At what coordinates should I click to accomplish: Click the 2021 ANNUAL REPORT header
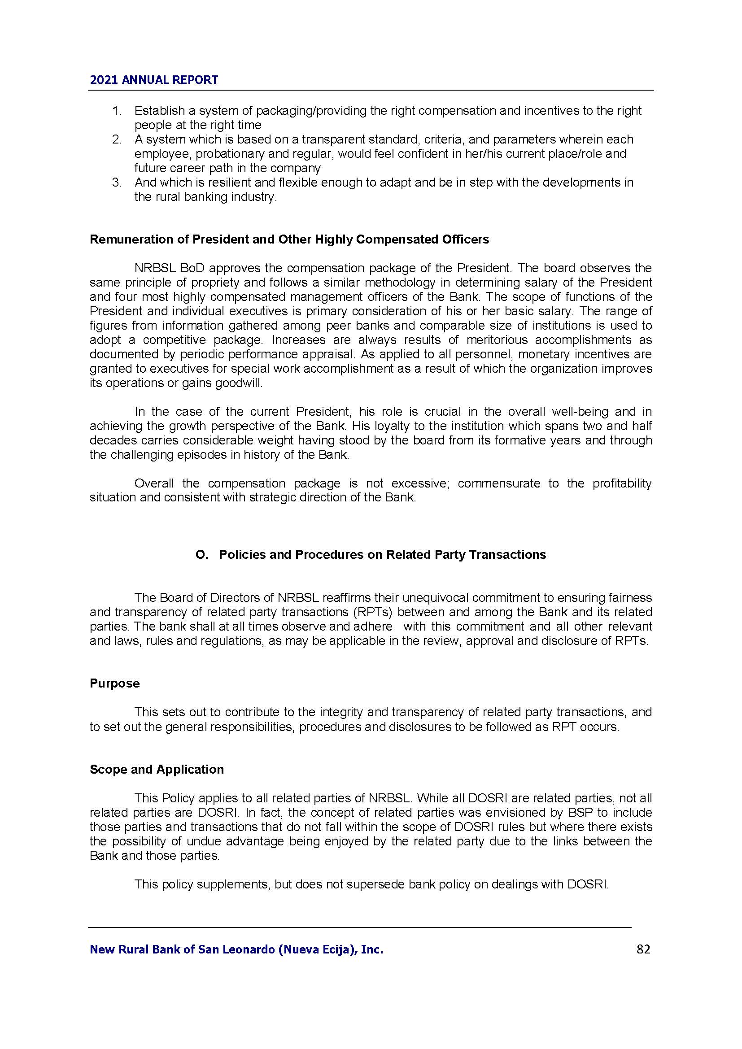(154, 80)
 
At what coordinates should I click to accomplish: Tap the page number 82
(643, 949)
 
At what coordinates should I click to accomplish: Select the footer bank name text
(236, 950)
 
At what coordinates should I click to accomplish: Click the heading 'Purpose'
(115, 683)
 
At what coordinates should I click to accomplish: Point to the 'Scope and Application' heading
(157, 770)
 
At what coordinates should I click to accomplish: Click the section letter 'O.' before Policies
(202, 555)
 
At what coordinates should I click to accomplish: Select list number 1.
(117, 111)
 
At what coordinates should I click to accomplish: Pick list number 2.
(117, 139)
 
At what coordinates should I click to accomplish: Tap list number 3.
(117, 182)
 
